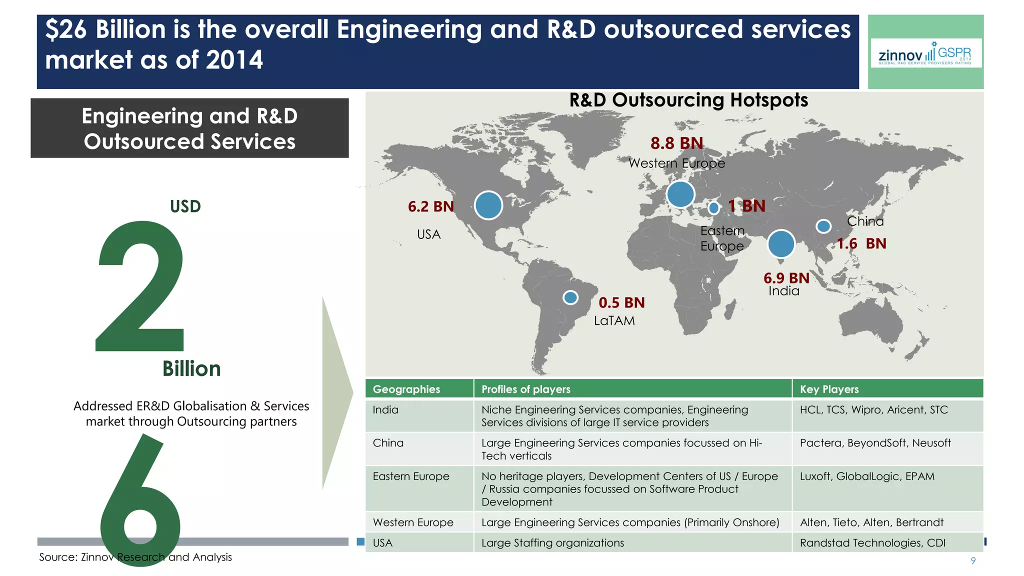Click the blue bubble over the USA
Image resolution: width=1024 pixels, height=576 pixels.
tap(488, 205)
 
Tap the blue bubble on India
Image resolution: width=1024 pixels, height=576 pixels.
tap(780, 244)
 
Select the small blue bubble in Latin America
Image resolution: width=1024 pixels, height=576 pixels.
tap(570, 297)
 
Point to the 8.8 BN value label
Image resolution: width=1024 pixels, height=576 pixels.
tap(676, 143)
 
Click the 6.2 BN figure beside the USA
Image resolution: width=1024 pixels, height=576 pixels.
tap(430, 206)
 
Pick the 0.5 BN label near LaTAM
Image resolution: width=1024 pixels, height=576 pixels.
tap(621, 302)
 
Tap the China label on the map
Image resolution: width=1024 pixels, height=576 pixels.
tap(865, 221)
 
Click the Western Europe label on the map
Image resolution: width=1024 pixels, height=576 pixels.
tap(676, 163)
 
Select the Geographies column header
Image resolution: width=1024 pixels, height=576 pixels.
tap(406, 389)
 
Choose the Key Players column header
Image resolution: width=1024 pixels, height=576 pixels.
tap(829, 389)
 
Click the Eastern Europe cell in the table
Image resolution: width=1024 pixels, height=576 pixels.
tap(411, 476)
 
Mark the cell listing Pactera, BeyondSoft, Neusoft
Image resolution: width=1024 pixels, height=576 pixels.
tap(875, 443)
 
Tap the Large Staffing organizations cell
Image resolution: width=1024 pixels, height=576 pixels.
tap(552, 543)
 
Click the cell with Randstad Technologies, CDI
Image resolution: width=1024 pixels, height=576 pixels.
tap(872, 543)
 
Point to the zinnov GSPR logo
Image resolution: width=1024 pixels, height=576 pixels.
tap(925, 53)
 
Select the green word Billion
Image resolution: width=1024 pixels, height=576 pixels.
tap(191, 369)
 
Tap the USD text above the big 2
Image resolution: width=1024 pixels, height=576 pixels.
tap(185, 206)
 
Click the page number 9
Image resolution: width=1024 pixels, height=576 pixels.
tap(973, 560)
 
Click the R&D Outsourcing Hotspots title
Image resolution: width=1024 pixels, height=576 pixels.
tap(688, 100)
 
